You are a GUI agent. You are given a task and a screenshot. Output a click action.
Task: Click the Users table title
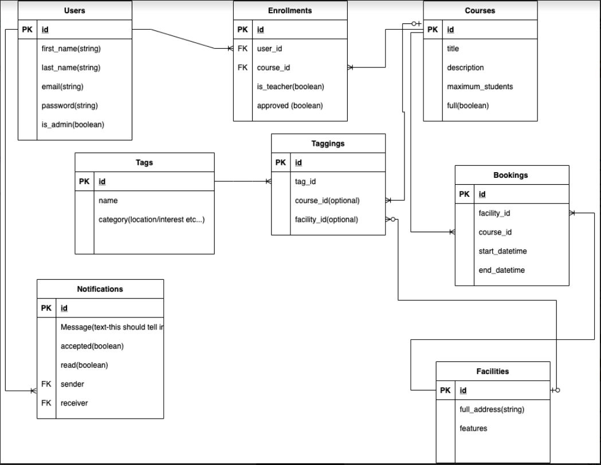pos(74,10)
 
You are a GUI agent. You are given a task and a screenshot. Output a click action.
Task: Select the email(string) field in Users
pos(62,87)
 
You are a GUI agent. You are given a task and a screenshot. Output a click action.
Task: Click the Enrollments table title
pos(290,10)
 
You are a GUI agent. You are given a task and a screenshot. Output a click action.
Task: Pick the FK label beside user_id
pos(242,49)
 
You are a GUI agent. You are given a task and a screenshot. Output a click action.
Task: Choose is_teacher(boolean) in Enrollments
pos(290,87)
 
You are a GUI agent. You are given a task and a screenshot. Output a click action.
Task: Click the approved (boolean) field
pos(289,106)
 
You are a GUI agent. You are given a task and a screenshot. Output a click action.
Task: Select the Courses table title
pos(480,10)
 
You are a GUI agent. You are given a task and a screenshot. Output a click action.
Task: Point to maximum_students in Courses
pos(480,87)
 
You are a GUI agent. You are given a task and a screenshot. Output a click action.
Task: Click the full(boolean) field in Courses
pos(468,106)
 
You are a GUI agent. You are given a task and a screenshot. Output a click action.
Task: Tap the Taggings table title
pos(328,144)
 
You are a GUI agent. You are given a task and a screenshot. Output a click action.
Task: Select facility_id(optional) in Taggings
pos(327,219)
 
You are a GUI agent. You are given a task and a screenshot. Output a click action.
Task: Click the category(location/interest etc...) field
pos(152,220)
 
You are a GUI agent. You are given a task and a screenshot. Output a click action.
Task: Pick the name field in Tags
pos(108,201)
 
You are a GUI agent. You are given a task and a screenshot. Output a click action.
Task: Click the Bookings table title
pos(512,175)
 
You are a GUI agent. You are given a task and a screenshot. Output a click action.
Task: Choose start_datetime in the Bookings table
pos(502,251)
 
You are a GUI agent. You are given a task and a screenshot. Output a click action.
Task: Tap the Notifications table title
pos(100,289)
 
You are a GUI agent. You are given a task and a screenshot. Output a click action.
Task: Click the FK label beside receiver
pos(46,403)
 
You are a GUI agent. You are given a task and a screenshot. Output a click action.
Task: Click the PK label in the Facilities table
pos(445,391)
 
